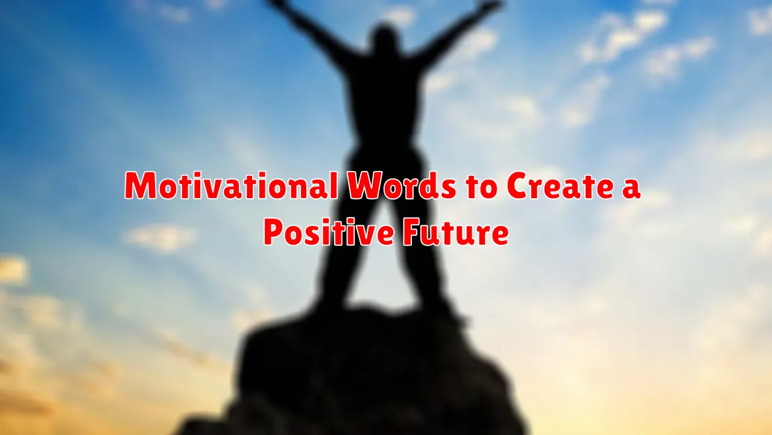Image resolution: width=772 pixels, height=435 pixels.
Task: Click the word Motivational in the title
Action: [230, 185]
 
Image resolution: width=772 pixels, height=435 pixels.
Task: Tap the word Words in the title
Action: [402, 185]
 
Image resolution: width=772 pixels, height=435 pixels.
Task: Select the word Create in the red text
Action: [558, 185]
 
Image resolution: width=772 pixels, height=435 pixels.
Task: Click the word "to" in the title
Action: [482, 187]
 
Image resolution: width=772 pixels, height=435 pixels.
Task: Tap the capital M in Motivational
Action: [141, 185]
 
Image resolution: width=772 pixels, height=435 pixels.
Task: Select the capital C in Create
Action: [519, 185]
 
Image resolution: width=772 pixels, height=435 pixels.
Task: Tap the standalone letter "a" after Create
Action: [630, 189]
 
